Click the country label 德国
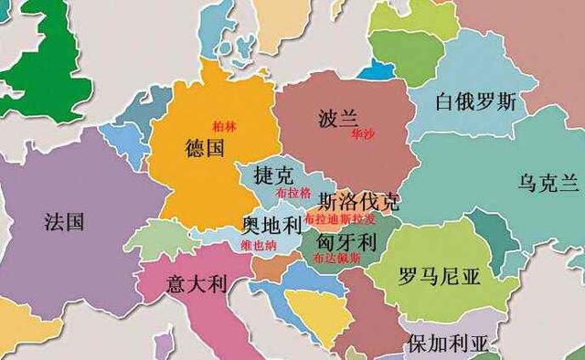pyautogui.click(x=204, y=149)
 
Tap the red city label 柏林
pyautogui.click(x=224, y=127)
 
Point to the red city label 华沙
pyautogui.click(x=362, y=133)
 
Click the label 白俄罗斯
pyautogui.click(x=475, y=101)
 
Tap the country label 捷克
pyautogui.click(x=274, y=175)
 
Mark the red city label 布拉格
pyautogui.click(x=292, y=194)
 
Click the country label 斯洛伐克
pyautogui.click(x=358, y=200)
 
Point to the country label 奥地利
pyautogui.click(x=271, y=224)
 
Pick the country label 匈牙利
pyautogui.click(x=346, y=242)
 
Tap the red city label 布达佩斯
pyautogui.click(x=336, y=259)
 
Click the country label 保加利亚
pyautogui.click(x=448, y=344)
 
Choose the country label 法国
pyautogui.click(x=64, y=221)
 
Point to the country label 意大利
pyautogui.click(x=195, y=283)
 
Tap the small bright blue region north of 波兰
pyautogui.click(x=373, y=70)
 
